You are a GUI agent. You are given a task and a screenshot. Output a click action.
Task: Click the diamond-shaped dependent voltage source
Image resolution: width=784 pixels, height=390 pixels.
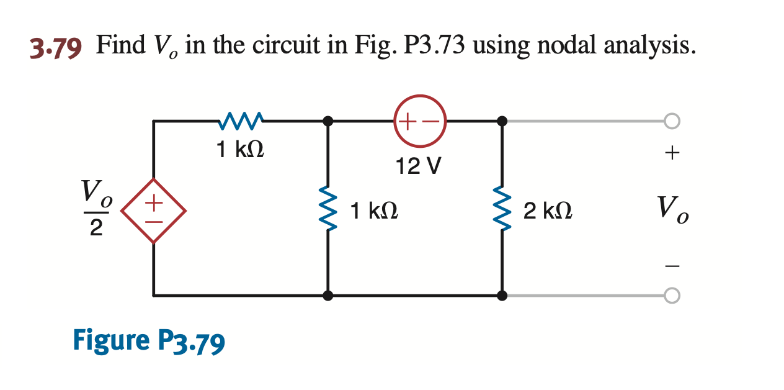coord(153,210)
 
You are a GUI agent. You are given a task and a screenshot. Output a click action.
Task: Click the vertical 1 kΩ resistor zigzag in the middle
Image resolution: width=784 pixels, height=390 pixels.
coord(328,210)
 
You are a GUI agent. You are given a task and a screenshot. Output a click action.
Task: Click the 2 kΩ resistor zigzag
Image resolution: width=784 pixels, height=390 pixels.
coord(502,210)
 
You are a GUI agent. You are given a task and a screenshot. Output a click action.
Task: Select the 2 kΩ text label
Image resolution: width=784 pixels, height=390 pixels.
coord(547,211)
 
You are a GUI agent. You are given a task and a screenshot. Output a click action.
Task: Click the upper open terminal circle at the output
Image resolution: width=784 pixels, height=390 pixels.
coord(672,121)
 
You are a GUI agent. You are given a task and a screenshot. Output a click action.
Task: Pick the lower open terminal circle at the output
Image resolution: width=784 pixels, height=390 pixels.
coord(672,296)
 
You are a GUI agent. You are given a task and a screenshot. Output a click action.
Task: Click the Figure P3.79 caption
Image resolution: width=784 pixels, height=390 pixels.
coord(149,341)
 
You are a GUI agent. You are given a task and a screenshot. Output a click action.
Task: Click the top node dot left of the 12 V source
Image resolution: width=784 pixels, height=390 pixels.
coord(328,121)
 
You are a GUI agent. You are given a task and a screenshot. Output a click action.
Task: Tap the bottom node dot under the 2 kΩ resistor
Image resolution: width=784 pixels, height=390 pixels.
coord(502,296)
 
